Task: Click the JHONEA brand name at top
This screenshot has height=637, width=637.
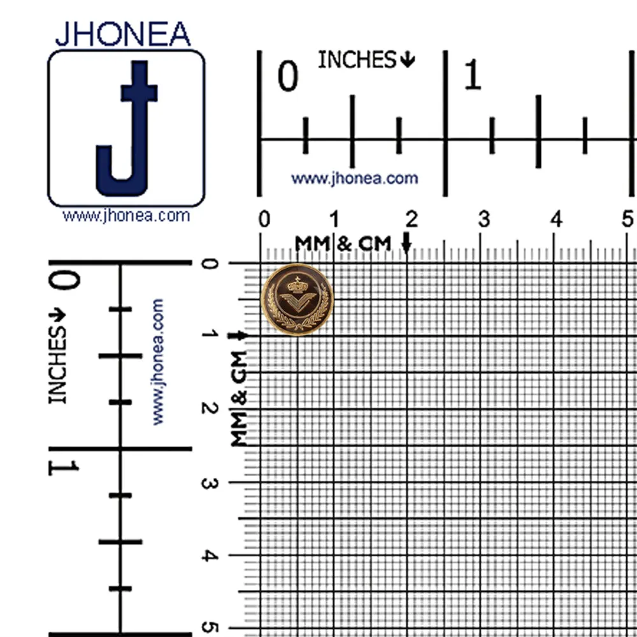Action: [x=123, y=34]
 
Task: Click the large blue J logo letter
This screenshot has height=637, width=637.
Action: [x=127, y=129]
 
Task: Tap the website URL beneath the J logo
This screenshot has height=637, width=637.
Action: [x=126, y=215]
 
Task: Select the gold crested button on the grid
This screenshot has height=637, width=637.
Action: [x=297, y=299]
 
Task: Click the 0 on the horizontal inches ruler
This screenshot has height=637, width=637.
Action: [x=288, y=76]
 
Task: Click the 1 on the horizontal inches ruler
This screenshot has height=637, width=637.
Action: [x=472, y=75]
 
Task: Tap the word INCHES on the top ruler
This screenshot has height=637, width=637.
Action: [x=357, y=60]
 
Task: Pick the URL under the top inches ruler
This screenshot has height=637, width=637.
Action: [x=355, y=179]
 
